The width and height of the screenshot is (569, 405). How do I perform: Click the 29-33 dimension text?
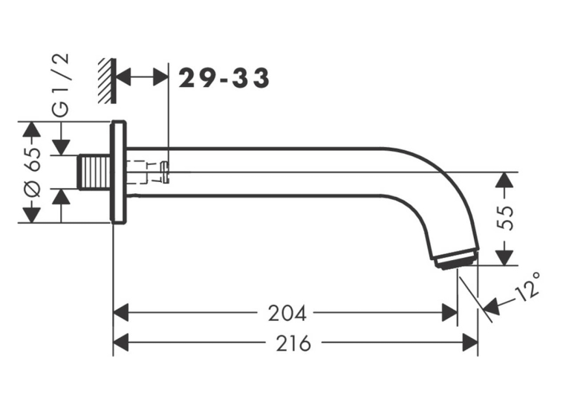click(x=224, y=78)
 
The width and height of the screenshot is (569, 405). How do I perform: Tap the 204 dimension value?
click(x=287, y=313)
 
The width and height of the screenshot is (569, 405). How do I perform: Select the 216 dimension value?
click(x=293, y=343)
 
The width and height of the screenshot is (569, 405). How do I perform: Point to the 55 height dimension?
click(x=505, y=218)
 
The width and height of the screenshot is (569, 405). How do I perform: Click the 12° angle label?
click(x=529, y=287)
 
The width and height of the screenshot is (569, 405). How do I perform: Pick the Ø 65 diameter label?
click(x=33, y=172)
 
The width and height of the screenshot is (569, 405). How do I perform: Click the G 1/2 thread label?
click(x=61, y=85)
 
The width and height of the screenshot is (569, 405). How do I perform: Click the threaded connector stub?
click(x=95, y=172)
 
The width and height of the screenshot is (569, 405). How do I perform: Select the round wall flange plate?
click(x=118, y=172)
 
